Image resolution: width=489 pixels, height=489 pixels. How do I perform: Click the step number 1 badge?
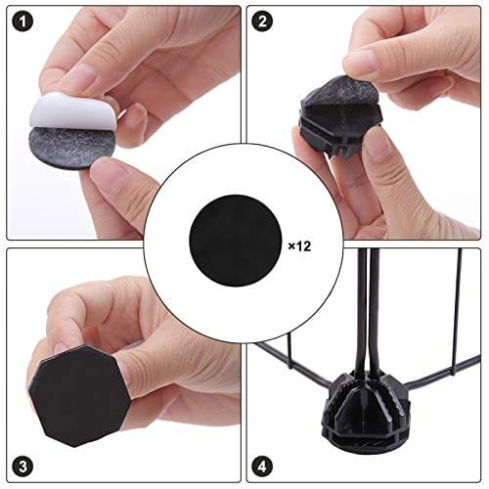[22, 22]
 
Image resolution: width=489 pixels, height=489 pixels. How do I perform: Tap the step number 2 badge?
[262, 22]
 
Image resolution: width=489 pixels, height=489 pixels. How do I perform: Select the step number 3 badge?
[22, 467]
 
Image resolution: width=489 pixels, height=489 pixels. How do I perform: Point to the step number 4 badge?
[262, 467]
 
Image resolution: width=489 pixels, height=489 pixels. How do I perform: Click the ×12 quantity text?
[299, 246]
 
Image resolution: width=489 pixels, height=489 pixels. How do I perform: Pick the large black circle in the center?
[235, 241]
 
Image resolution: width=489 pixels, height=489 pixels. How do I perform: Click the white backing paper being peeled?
[71, 111]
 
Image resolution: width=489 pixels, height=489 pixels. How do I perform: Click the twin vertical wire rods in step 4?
[368, 310]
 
